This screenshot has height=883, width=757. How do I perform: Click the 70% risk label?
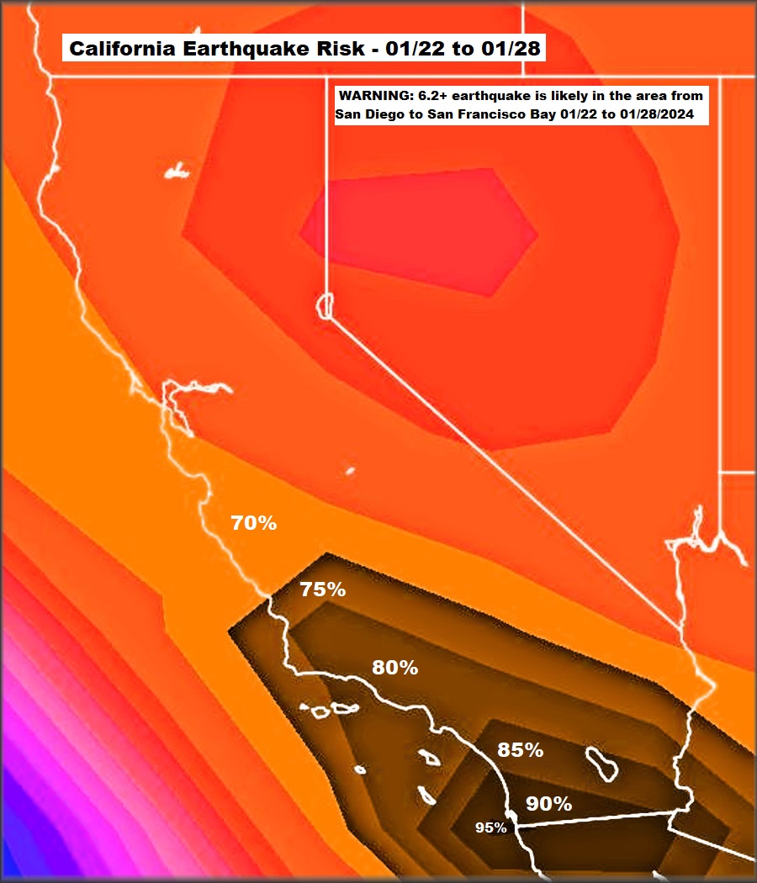(x=254, y=523)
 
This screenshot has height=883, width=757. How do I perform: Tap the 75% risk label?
(x=323, y=590)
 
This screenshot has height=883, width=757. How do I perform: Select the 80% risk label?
(x=395, y=668)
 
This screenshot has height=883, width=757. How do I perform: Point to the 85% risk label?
(x=520, y=750)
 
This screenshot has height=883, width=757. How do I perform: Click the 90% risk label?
(x=548, y=804)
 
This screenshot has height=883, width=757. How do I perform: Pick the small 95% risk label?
(x=490, y=827)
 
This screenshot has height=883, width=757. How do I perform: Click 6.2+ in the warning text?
(x=433, y=95)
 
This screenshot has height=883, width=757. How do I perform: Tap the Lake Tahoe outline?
(x=326, y=305)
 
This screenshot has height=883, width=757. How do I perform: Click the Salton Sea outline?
(x=602, y=764)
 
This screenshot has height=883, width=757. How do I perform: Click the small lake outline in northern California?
(x=177, y=172)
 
